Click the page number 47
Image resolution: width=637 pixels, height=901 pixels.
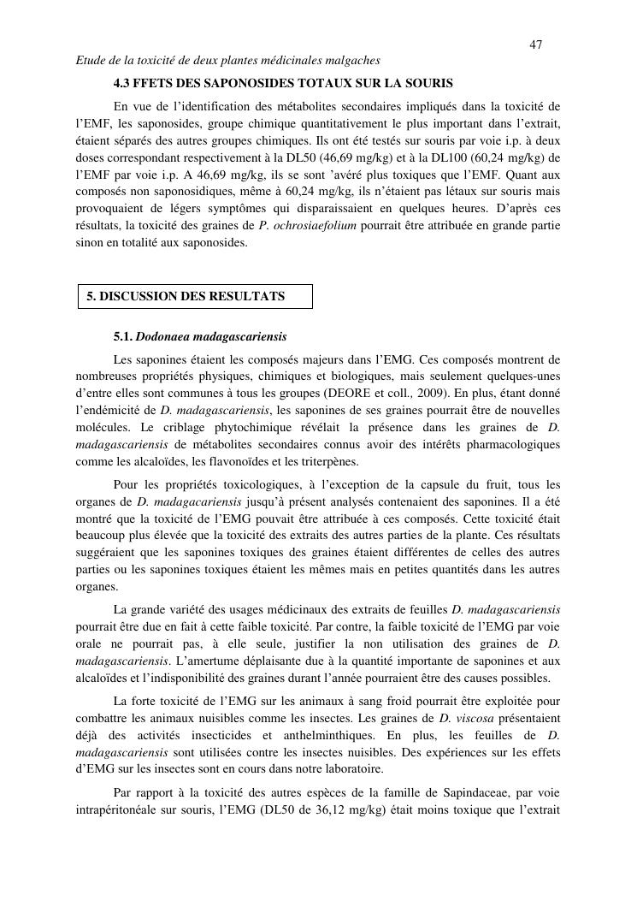point(536,44)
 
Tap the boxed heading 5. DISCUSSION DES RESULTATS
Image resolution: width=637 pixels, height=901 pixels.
point(186,296)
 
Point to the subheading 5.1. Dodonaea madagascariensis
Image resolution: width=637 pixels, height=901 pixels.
point(200,336)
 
